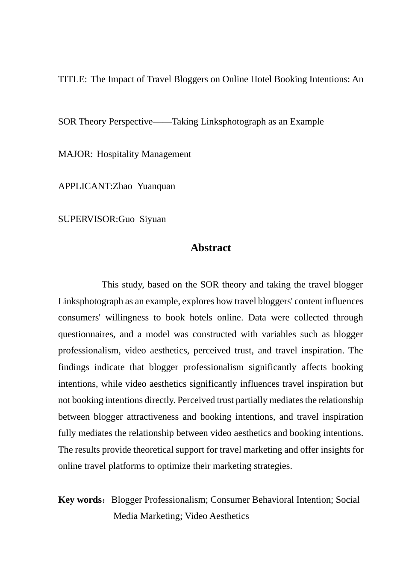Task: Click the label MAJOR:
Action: pyautogui.click(x=75, y=154)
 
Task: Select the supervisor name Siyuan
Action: pyautogui.click(x=153, y=219)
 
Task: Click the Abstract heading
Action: pyautogui.click(x=211, y=248)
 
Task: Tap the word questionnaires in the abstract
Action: pyautogui.click(x=86, y=334)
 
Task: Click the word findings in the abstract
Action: pyautogui.click(x=74, y=367)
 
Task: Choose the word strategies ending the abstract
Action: pyautogui.click(x=272, y=466)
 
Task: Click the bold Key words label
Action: pyautogui.click(x=79, y=500)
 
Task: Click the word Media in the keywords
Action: pyautogui.click(x=125, y=516)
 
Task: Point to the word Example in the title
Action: pyautogui.click(x=307, y=122)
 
